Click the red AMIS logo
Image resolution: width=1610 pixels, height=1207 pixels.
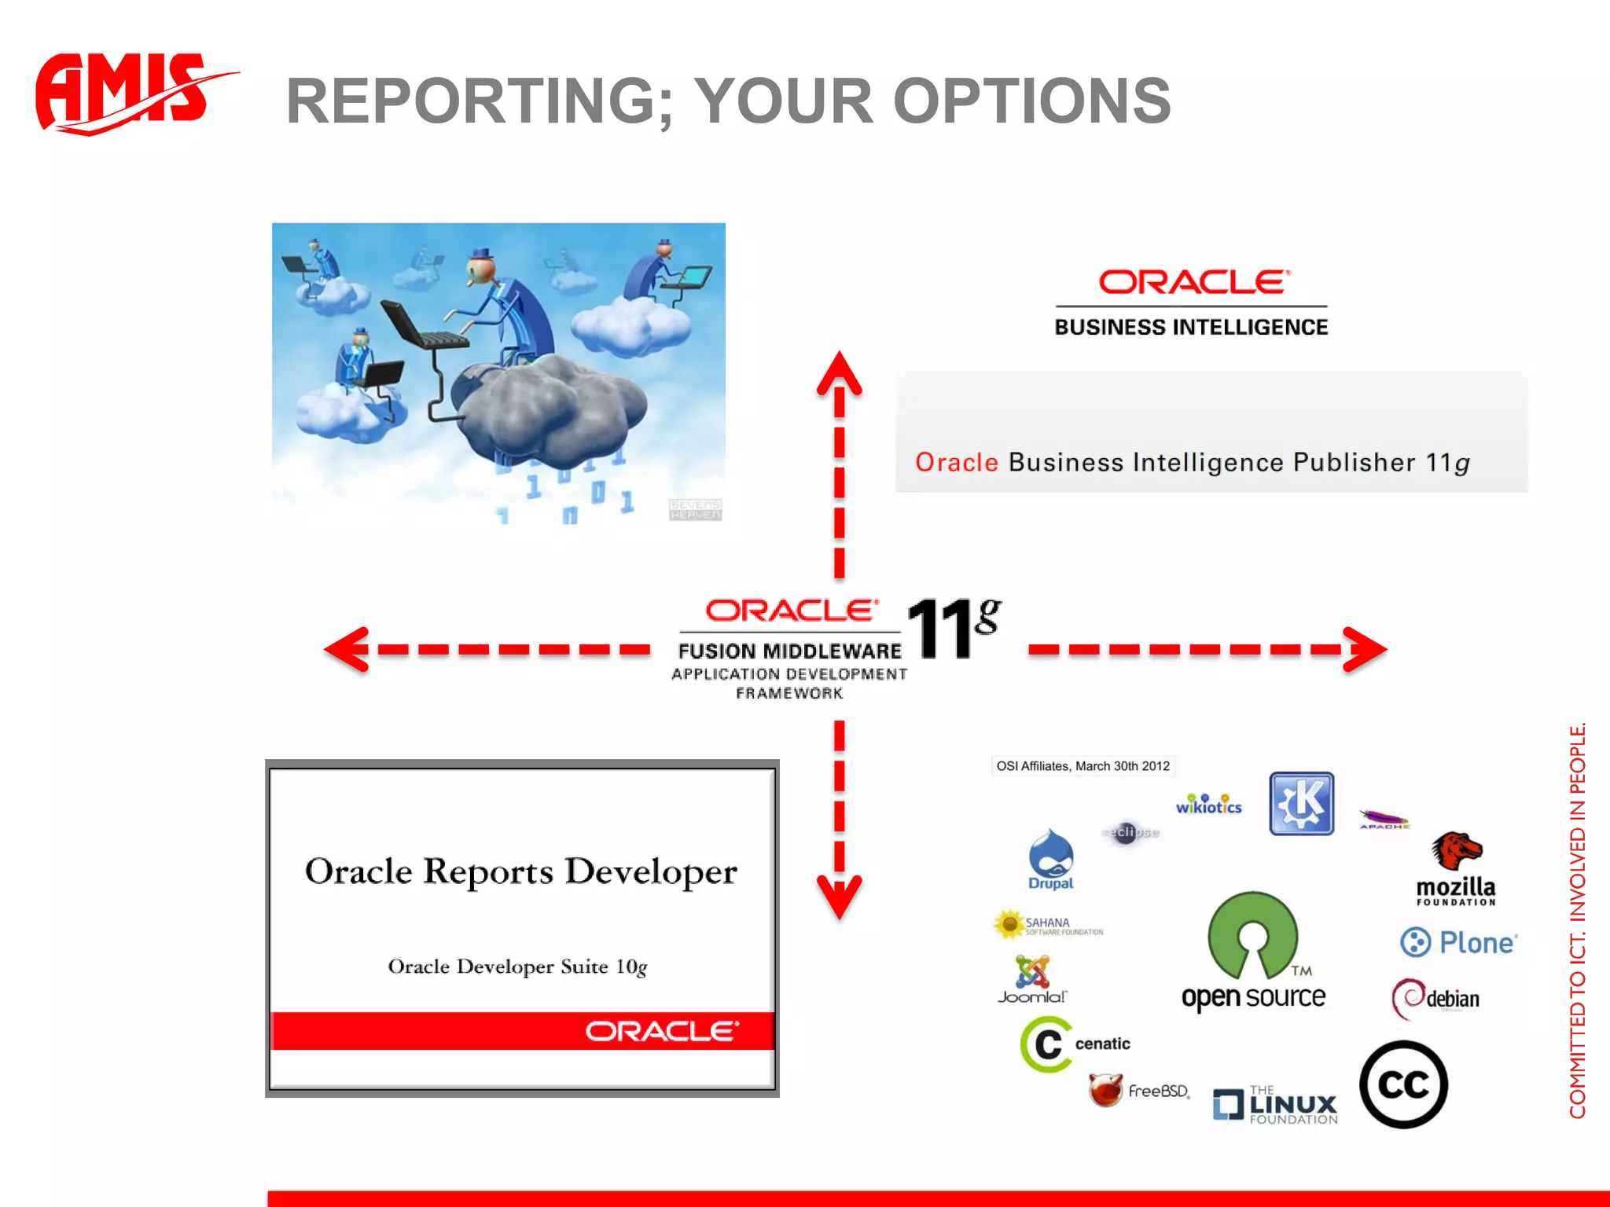[x=126, y=93]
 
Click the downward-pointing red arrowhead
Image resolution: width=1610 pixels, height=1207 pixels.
[x=839, y=896]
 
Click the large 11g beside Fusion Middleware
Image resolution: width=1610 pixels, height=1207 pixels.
[x=953, y=629]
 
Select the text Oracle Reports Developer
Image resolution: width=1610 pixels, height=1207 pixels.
[x=520, y=871]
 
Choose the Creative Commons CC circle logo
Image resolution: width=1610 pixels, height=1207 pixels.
[x=1403, y=1085]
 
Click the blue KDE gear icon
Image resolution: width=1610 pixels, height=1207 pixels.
[x=1301, y=803]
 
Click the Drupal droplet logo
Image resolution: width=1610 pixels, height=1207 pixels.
[x=1051, y=858]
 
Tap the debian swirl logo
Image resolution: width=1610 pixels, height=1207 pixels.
[x=1436, y=998]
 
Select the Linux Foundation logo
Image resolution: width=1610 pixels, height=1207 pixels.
[x=1275, y=1105]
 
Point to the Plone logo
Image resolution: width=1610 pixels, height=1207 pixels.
[x=1458, y=942]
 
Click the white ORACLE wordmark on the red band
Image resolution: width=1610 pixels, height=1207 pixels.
[x=662, y=1031]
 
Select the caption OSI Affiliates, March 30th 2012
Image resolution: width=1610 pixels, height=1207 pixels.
[x=1083, y=766]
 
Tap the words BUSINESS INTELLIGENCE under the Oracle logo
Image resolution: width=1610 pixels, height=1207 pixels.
[x=1191, y=327]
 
